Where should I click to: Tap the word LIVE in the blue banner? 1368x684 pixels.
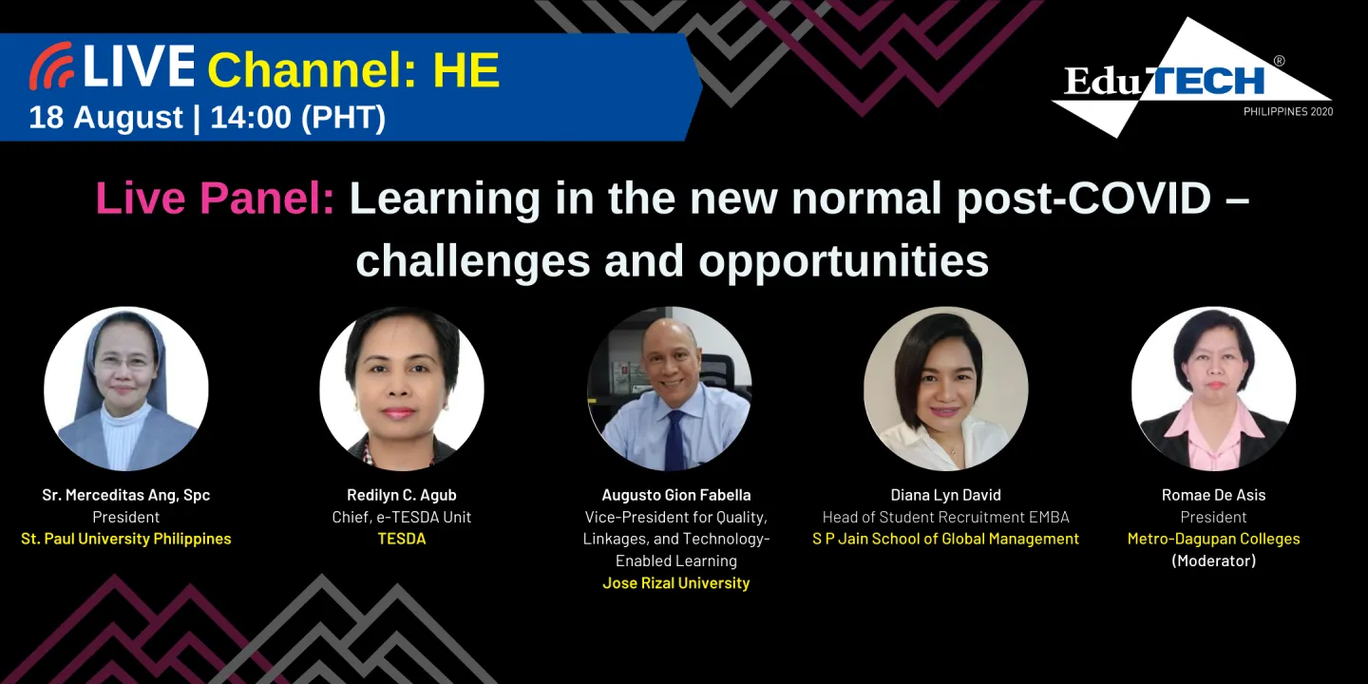click(139, 67)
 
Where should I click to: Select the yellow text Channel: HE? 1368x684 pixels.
click(353, 70)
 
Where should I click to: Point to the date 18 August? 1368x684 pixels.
click(105, 118)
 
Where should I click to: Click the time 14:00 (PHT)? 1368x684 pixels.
click(297, 118)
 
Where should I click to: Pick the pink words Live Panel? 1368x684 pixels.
click(215, 199)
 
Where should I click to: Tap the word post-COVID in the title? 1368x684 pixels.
click(1084, 199)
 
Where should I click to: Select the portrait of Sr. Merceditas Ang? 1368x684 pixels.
click(126, 389)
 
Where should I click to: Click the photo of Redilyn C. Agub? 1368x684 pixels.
click(402, 389)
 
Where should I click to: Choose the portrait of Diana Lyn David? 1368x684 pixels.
click(945, 389)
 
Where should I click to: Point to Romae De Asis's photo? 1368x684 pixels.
click(1213, 389)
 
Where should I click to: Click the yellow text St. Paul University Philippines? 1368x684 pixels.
click(126, 539)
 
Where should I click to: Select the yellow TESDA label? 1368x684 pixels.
click(402, 539)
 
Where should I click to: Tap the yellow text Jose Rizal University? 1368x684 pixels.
click(675, 582)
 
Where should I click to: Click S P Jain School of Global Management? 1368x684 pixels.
click(945, 539)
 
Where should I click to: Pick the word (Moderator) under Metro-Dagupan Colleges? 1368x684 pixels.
click(1213, 560)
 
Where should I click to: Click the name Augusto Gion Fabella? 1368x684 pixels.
click(675, 495)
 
